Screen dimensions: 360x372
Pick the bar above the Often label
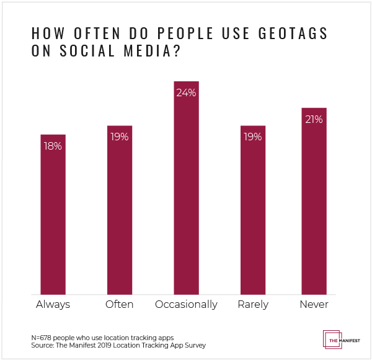click(120, 211)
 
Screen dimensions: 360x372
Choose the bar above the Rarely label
click(253, 211)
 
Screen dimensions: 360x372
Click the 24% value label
click(186, 93)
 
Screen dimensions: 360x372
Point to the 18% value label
click(53, 146)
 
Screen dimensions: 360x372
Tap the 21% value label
click(314, 119)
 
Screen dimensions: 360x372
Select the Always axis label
click(53, 305)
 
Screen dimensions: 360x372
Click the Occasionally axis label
click(186, 305)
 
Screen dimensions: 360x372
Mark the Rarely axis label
click(253, 305)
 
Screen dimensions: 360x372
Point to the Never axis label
click(314, 305)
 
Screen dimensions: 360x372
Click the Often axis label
click(120, 305)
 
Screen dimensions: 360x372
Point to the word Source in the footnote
click(42, 344)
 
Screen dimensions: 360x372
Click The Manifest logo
click(339, 339)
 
